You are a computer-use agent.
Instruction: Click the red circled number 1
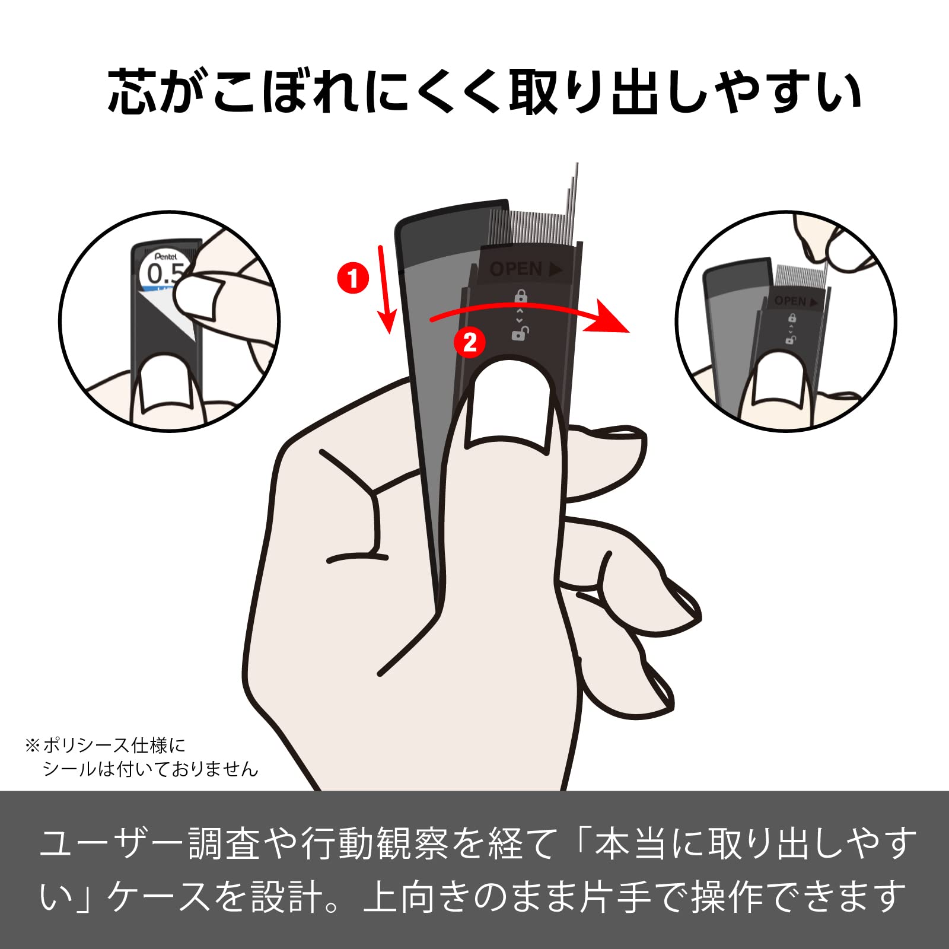[x=353, y=278]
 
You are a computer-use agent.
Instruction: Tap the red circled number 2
[x=470, y=342]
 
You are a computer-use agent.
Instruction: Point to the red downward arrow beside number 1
[x=385, y=289]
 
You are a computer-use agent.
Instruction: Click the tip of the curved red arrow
[x=629, y=331]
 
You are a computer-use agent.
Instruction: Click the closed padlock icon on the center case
[x=520, y=295]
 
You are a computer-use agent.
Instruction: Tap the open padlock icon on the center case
[x=520, y=334]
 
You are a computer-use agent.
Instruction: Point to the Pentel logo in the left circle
[x=166, y=256]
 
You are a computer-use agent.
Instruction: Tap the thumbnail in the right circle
[x=777, y=379]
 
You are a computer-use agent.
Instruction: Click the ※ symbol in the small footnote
[x=32, y=745]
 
